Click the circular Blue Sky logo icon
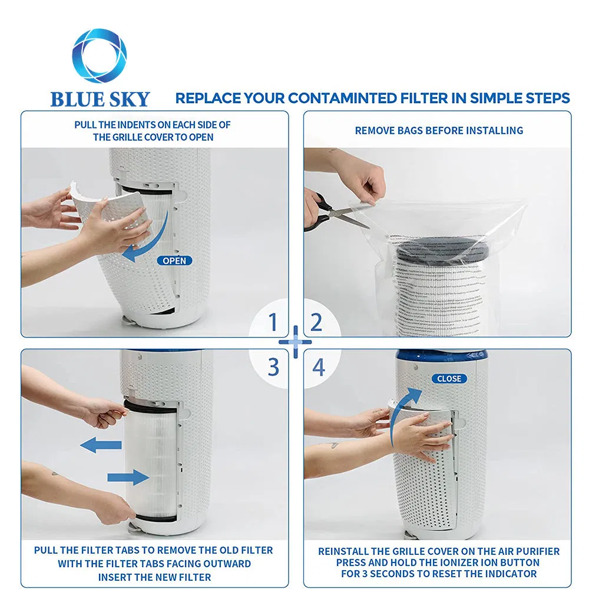tap(99, 56)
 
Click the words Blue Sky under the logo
tap(100, 98)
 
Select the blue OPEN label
tap(174, 260)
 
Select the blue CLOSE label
tap(449, 378)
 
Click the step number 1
tap(273, 323)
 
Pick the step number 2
tap(316, 323)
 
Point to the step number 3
tap(273, 367)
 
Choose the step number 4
tap(318, 367)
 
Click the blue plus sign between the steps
tap(294, 342)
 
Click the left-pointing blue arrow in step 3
tap(100, 445)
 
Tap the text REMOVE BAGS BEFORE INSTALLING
tap(439, 130)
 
